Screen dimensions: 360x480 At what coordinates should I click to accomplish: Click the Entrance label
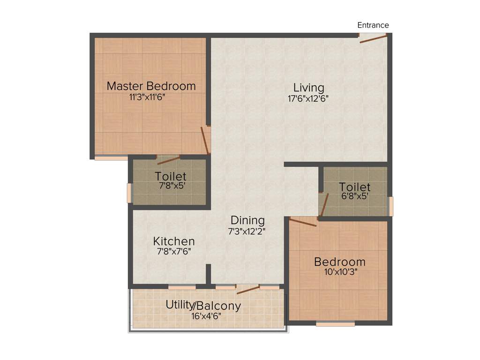(373, 25)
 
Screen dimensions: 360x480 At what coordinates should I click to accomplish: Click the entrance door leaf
(374, 38)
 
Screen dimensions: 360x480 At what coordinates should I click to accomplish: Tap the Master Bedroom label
(151, 86)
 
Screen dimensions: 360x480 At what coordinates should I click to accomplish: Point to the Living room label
(308, 88)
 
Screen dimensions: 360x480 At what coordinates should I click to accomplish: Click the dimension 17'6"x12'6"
(308, 99)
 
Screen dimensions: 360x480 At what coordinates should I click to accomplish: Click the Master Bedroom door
(205, 140)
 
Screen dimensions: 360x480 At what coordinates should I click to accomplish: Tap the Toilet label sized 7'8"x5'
(171, 177)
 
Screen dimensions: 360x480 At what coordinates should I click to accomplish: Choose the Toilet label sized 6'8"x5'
(355, 187)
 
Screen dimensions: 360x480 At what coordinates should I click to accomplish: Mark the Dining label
(247, 220)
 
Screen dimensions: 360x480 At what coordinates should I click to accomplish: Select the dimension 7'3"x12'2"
(247, 231)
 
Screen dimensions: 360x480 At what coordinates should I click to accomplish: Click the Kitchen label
(174, 241)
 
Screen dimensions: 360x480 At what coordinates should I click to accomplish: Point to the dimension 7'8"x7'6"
(173, 252)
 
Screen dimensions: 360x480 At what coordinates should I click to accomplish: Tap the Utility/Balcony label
(203, 306)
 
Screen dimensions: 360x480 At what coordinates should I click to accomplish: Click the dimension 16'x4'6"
(203, 316)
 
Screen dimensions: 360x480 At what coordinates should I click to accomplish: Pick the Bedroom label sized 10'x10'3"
(339, 262)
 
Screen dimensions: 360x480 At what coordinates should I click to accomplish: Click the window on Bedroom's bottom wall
(335, 323)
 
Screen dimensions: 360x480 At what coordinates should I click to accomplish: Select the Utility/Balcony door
(248, 289)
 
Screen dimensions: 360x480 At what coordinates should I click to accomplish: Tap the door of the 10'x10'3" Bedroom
(303, 222)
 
